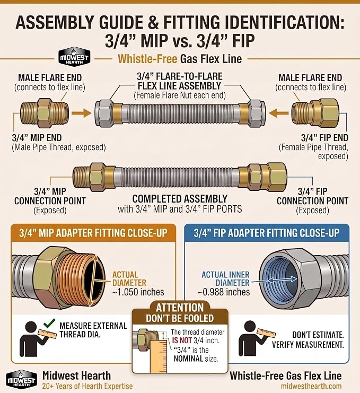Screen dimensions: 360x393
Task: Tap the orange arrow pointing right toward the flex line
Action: (82, 113)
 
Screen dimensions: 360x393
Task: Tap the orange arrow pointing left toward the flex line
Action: (278, 113)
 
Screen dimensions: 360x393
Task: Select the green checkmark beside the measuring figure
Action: (49, 323)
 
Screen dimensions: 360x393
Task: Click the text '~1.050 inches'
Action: (138, 292)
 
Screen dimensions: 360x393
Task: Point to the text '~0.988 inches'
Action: (224, 292)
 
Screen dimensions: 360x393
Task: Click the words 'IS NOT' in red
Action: (182, 340)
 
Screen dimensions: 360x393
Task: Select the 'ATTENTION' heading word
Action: (180, 308)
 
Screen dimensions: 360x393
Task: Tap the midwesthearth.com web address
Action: (311, 386)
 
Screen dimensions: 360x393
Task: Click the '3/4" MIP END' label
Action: (37, 137)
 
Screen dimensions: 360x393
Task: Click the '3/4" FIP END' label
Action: (324, 137)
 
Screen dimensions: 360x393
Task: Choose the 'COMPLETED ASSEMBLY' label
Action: (180, 199)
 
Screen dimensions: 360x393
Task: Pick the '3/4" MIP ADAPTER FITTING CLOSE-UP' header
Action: (93, 233)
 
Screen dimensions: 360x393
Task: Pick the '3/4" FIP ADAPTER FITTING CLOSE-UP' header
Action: (267, 233)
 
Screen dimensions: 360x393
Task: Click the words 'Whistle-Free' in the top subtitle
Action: (147, 59)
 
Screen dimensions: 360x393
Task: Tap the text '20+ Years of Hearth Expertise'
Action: (87, 386)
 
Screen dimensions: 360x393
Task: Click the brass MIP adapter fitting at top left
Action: (45, 113)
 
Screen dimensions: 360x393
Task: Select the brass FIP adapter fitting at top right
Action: (315, 113)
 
